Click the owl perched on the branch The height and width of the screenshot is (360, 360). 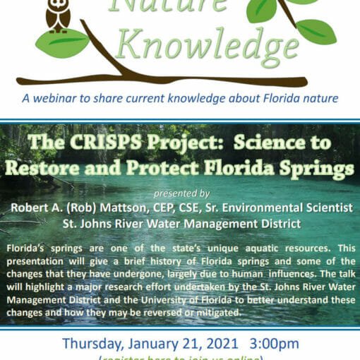point(57,15)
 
